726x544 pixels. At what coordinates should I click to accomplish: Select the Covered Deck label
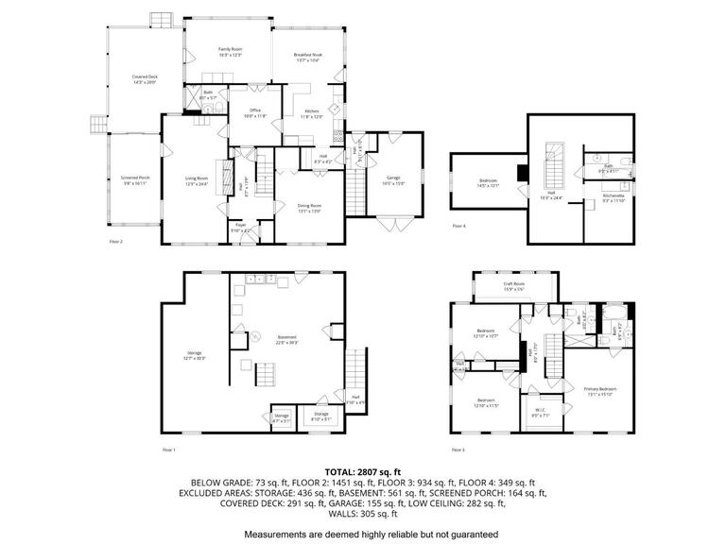tap(144, 79)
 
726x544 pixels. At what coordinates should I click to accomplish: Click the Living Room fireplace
tap(223, 177)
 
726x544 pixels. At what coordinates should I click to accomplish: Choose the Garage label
tap(392, 180)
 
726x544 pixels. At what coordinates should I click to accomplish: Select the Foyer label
tap(240, 226)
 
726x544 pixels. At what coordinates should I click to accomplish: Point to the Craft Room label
tap(513, 285)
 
